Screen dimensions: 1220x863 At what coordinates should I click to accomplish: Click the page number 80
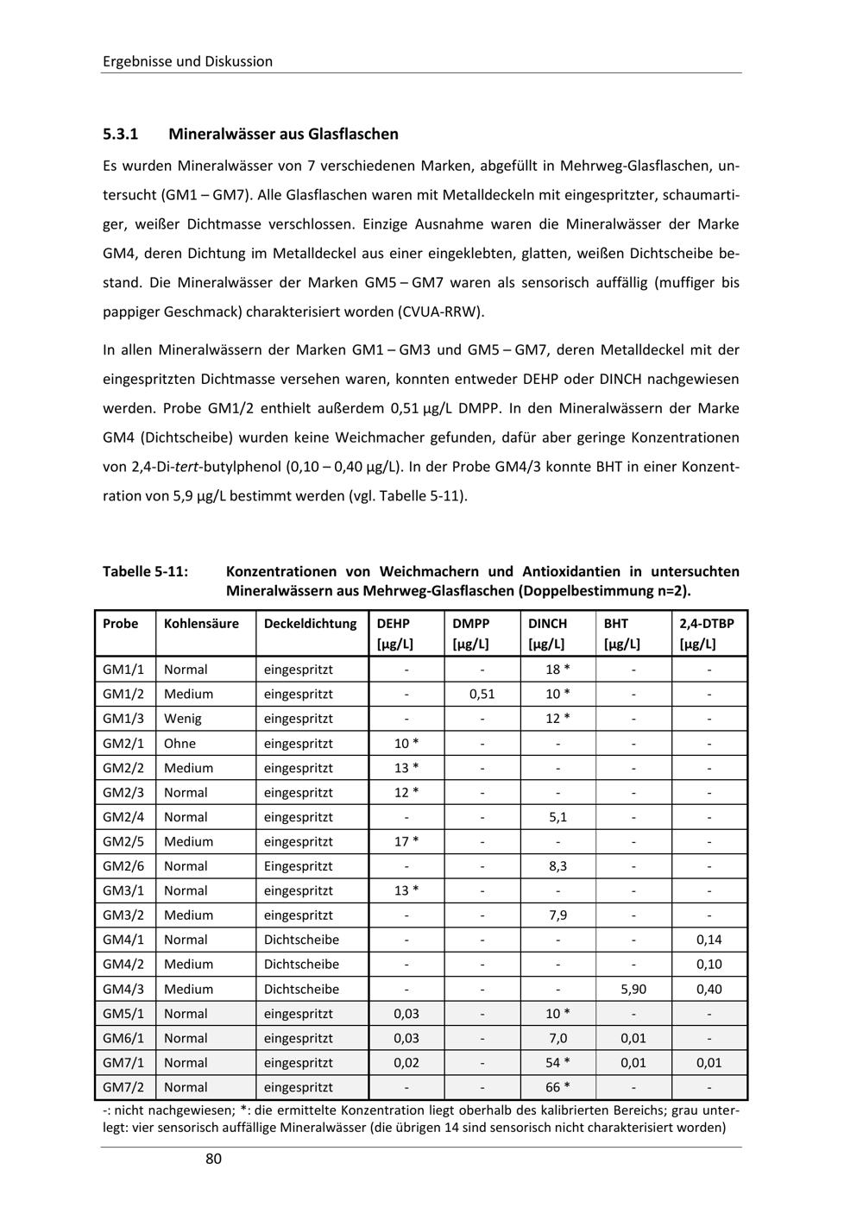(x=213, y=1159)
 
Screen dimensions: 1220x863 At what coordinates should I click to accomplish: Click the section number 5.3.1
(x=120, y=134)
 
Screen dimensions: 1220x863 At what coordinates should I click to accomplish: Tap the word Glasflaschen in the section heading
(x=353, y=134)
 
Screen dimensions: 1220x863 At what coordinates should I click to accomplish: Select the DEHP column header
(x=394, y=623)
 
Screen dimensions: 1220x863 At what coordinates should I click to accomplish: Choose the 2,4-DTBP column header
(x=703, y=623)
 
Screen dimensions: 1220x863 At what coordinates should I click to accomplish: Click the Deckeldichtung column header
(x=310, y=623)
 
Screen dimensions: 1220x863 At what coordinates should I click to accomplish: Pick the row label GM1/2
(x=123, y=694)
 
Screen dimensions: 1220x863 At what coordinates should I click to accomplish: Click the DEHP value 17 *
(x=406, y=841)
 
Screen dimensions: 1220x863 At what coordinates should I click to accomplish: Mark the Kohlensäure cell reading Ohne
(x=180, y=743)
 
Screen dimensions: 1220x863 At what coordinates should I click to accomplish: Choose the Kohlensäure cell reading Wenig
(x=183, y=719)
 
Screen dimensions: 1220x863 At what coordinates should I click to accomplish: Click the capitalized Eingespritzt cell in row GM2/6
(x=298, y=866)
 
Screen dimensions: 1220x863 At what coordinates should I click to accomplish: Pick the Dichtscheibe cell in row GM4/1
(x=301, y=940)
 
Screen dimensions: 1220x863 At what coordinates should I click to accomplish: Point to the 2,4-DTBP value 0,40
(x=709, y=989)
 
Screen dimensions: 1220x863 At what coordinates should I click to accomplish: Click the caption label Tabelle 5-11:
(x=146, y=571)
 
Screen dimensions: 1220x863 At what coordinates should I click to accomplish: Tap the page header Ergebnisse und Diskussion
(x=187, y=61)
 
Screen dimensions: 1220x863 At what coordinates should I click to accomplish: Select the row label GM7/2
(x=123, y=1087)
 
